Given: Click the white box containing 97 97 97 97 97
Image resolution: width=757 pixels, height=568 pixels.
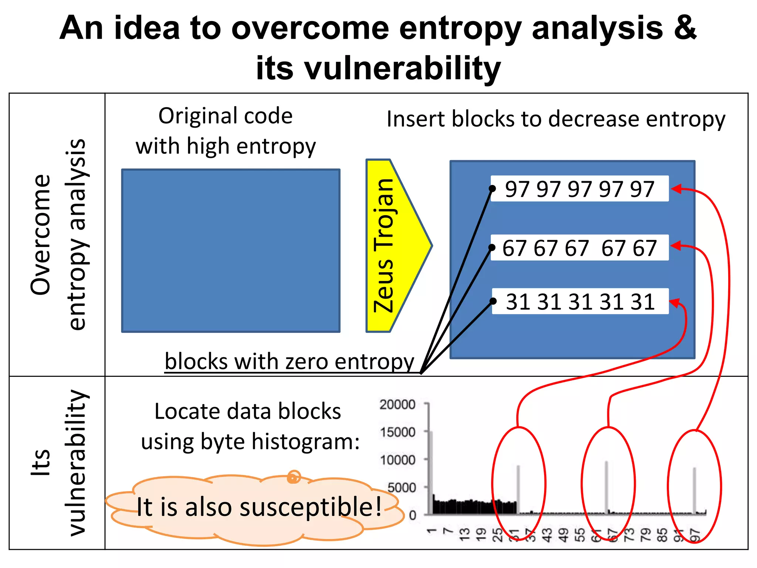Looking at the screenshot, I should (x=580, y=189).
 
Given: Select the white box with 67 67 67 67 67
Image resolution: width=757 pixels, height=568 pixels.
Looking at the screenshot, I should (x=580, y=248).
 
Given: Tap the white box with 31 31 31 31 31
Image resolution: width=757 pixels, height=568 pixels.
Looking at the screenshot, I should (x=580, y=301).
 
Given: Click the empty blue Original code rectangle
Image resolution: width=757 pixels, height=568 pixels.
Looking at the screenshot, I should (x=231, y=251).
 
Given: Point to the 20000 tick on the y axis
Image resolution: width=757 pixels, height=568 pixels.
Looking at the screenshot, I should (x=398, y=404).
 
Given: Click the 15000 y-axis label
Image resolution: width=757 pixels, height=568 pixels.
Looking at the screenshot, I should (x=398, y=432).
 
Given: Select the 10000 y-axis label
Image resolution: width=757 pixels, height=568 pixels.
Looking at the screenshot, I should (x=398, y=460).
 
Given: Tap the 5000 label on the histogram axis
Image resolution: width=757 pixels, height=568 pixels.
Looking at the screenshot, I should (x=401, y=487).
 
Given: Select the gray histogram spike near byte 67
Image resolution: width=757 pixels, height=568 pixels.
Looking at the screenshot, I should (x=607, y=486).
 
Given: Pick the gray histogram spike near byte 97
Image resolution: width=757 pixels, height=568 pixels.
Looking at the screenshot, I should (x=695, y=490).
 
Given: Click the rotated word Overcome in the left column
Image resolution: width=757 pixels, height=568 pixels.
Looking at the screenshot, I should (x=41, y=234).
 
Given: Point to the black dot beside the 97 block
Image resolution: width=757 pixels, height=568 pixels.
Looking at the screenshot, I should (x=492, y=189).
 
